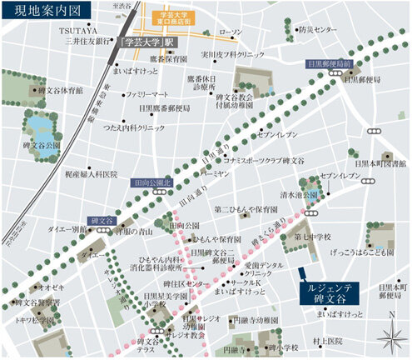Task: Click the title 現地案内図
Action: click(x=34, y=12)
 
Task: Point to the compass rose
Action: click(x=391, y=337)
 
